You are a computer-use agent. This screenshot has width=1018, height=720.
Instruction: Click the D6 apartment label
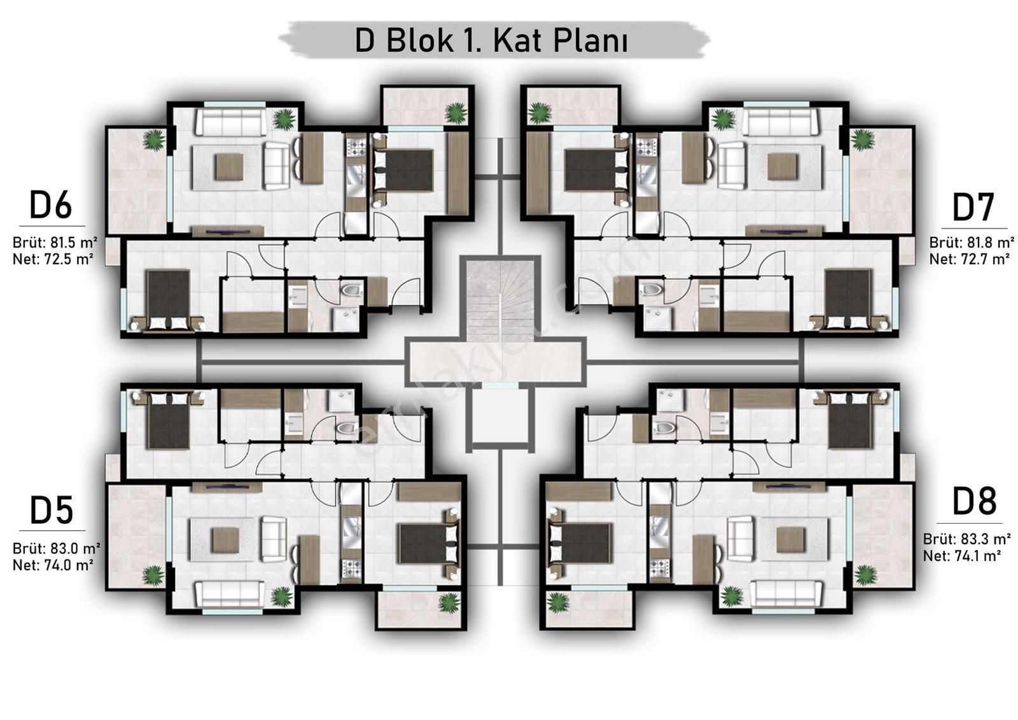click(50, 205)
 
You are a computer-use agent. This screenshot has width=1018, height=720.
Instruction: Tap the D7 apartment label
click(973, 208)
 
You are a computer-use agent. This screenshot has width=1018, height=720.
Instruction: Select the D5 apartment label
click(52, 511)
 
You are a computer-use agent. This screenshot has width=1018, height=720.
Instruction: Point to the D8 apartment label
click(974, 502)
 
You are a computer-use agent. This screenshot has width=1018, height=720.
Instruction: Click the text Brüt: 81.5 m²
click(55, 243)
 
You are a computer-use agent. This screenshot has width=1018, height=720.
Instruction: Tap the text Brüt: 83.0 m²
click(57, 548)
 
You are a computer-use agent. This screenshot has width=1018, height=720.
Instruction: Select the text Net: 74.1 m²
click(962, 556)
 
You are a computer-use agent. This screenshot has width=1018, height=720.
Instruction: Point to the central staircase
click(500, 300)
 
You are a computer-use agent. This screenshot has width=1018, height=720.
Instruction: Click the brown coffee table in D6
click(229, 167)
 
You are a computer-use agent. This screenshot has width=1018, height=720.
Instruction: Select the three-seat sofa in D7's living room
click(779, 121)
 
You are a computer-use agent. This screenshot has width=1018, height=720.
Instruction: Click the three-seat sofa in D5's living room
click(230, 595)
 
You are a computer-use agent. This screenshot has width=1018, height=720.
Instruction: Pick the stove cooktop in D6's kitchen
click(356, 147)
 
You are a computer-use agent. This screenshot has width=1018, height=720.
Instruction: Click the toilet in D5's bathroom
click(347, 428)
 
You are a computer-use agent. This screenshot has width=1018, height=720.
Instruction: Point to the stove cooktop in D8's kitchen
click(659, 568)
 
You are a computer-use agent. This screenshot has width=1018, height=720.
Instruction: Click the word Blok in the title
click(420, 41)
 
